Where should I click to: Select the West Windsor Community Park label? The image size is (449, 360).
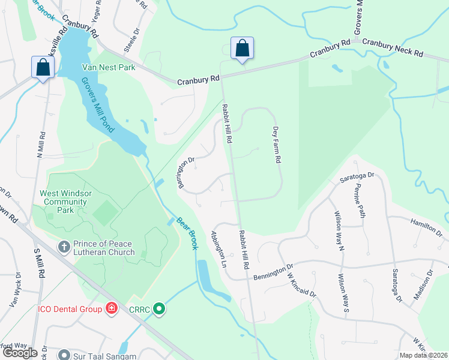65,202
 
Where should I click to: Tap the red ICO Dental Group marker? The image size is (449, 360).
111,309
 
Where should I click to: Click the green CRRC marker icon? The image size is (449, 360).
159,310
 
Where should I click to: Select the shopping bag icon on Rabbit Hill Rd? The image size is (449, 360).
242,49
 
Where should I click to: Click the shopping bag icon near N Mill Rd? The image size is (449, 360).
43,67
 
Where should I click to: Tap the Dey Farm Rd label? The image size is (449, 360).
277,145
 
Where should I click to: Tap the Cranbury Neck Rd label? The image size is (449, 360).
393,49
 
